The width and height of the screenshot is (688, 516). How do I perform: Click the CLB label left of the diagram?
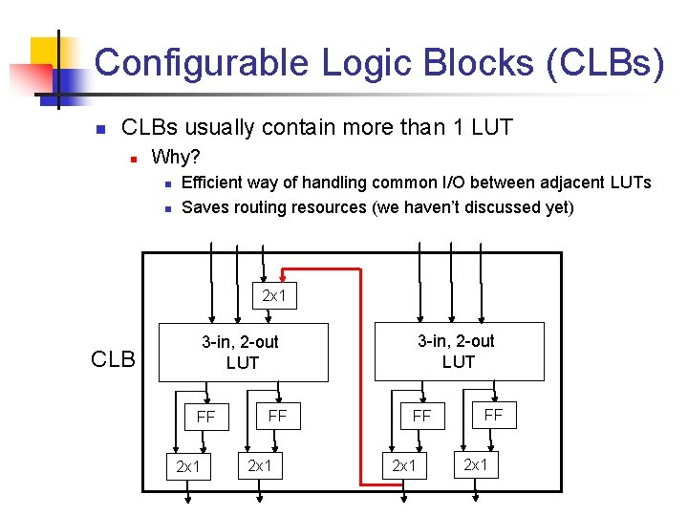point(114,360)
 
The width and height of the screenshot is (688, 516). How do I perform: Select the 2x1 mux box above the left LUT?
point(274,296)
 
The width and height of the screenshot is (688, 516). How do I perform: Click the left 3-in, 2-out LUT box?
point(241,352)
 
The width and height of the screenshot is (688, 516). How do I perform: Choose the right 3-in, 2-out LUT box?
point(457,351)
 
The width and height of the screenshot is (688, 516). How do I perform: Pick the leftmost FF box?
point(205,417)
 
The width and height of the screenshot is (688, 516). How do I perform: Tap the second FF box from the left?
point(277,416)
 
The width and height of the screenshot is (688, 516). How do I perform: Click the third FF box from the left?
point(421,416)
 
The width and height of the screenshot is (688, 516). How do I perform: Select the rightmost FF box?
point(493,415)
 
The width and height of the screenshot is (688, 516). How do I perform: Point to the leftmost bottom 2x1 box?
point(188,466)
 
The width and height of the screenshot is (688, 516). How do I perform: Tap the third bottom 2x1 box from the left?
point(404,465)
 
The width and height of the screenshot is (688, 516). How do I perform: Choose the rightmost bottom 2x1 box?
point(475,464)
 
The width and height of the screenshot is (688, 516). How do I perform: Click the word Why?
point(176,156)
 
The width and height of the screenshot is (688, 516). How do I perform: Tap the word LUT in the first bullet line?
point(493,127)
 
